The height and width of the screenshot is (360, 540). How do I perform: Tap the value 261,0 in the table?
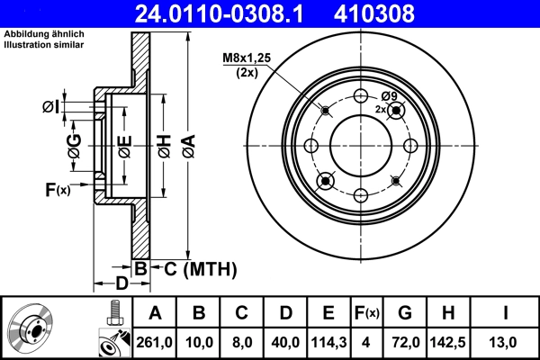coord(155,342)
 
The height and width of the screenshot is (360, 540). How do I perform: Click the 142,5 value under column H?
coord(447,342)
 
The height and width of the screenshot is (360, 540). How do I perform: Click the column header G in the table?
coord(405,313)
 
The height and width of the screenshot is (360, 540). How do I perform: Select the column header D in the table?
coord(284,313)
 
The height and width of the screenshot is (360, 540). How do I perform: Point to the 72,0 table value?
coord(405,342)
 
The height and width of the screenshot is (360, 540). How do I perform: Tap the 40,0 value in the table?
coord(284,342)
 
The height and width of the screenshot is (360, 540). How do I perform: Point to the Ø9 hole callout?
coord(389,96)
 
